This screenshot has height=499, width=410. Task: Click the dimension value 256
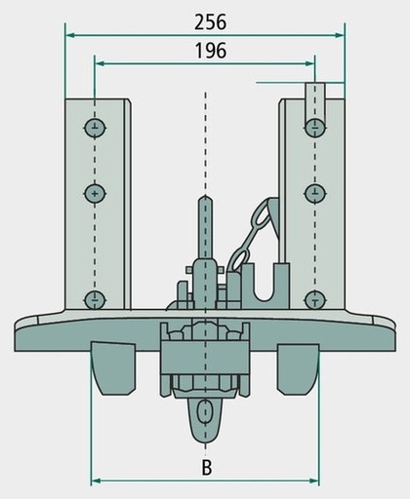pyautogui.click(x=210, y=22)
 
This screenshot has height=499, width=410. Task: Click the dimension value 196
pyautogui.click(x=210, y=51)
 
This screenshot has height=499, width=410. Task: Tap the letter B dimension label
pyautogui.click(x=207, y=468)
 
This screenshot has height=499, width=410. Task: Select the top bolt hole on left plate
pyautogui.click(x=95, y=128)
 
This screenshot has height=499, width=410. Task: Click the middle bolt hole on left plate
pyautogui.click(x=95, y=194)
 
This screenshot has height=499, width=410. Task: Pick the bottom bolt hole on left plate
pyautogui.click(x=95, y=299)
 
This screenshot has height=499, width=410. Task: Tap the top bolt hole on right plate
pyautogui.click(x=315, y=128)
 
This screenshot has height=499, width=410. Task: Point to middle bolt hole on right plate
pyautogui.click(x=315, y=194)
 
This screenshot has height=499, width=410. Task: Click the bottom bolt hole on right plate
pyautogui.click(x=315, y=299)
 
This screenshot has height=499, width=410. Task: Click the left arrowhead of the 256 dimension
pyautogui.click(x=70, y=35)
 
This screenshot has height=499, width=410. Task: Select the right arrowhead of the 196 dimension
pyautogui.click(x=310, y=63)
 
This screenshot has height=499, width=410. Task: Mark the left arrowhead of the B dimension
pyautogui.click(x=96, y=480)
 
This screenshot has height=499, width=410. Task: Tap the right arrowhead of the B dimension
pyautogui.click(x=314, y=480)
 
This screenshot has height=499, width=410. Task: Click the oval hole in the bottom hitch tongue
pyautogui.click(x=205, y=411)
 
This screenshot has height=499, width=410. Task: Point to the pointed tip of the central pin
pyautogui.click(x=205, y=195)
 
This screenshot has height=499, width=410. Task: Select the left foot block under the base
pyautogui.click(x=113, y=368)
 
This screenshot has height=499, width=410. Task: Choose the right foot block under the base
pyautogui.click(x=298, y=369)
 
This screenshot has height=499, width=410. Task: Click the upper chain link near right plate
pyautogui.click(x=262, y=215)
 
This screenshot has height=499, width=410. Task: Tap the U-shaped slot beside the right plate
pyautogui.click(x=265, y=286)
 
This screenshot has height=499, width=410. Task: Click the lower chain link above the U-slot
pyautogui.click(x=240, y=258)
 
